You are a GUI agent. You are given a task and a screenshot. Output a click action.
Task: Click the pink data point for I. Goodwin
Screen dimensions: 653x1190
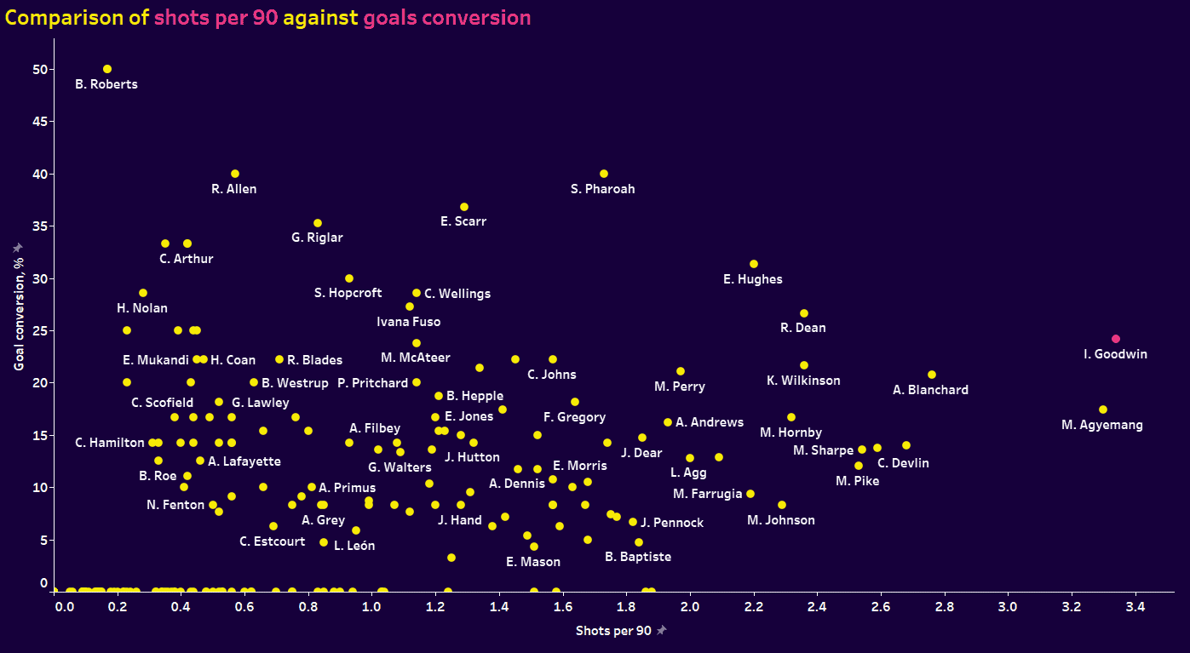(1116, 339)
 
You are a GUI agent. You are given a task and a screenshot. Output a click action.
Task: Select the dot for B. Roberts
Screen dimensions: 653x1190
(107, 69)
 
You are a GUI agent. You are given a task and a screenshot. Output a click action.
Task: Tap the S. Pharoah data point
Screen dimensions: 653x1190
(604, 174)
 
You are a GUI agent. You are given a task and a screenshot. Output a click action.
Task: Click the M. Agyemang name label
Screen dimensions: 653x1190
(1102, 425)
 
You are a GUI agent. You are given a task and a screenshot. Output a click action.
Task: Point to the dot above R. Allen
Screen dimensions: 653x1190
(235, 174)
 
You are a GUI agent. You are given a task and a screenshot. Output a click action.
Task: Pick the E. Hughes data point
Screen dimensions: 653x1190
(754, 264)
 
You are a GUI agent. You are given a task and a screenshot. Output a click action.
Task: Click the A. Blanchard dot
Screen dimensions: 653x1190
(932, 375)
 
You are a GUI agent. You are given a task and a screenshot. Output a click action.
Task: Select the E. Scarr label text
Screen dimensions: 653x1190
(463, 221)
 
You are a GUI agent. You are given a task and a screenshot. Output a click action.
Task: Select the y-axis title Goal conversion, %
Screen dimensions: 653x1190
(19, 307)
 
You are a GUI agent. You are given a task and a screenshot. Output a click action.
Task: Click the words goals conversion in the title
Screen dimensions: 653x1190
(446, 18)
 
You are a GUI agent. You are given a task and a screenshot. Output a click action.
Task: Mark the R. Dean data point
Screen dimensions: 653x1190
(804, 313)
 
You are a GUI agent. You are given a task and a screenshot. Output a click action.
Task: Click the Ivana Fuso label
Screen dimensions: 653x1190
(409, 322)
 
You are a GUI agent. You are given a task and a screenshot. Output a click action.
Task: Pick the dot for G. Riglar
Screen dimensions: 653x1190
(318, 223)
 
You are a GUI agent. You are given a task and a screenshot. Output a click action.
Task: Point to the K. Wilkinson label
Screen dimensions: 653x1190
(803, 381)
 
